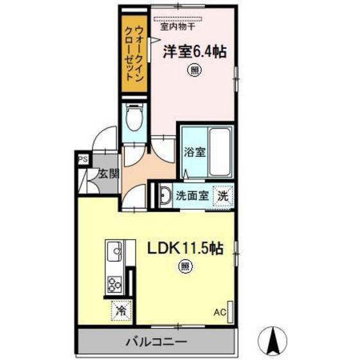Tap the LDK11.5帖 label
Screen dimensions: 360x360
[186, 248]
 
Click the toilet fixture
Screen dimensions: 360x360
[134, 118]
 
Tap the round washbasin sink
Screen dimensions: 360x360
[163, 195]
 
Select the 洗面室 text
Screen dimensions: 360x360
[192, 195]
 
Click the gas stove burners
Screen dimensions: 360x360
[114, 282]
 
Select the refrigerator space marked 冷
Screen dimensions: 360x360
[120, 310]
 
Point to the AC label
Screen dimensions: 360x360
[220, 312]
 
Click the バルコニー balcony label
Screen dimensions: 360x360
[160, 340]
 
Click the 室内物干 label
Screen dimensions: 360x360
[177, 27]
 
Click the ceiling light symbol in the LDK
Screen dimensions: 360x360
[184, 264]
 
